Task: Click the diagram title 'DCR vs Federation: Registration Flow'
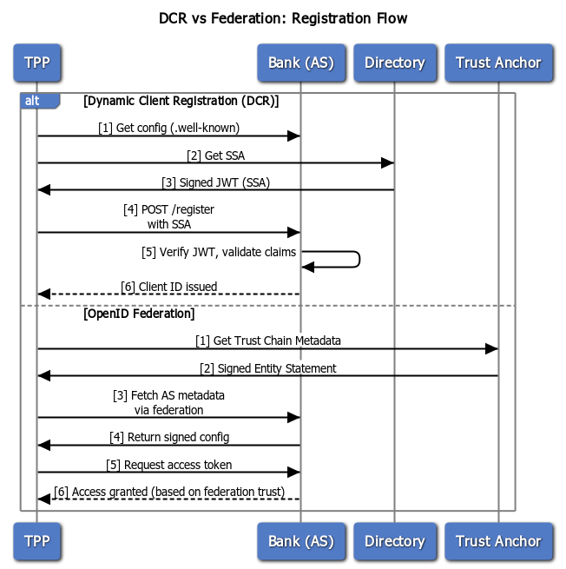[283, 18]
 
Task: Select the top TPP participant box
[36, 63]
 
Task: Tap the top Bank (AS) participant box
[300, 63]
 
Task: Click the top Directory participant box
[394, 63]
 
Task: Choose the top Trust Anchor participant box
[498, 63]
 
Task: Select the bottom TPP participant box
[36, 541]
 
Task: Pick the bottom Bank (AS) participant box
[300, 541]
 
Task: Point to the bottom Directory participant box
[394, 541]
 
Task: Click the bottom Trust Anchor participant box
[498, 541]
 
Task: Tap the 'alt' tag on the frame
[33, 101]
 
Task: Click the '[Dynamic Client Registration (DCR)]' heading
[181, 101]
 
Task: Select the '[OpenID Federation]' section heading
[139, 314]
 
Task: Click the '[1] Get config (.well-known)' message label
[168, 128]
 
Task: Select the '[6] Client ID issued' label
[168, 286]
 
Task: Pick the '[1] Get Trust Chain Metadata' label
[267, 341]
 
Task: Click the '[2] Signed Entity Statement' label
[267, 367]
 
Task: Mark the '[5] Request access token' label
[168, 464]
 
